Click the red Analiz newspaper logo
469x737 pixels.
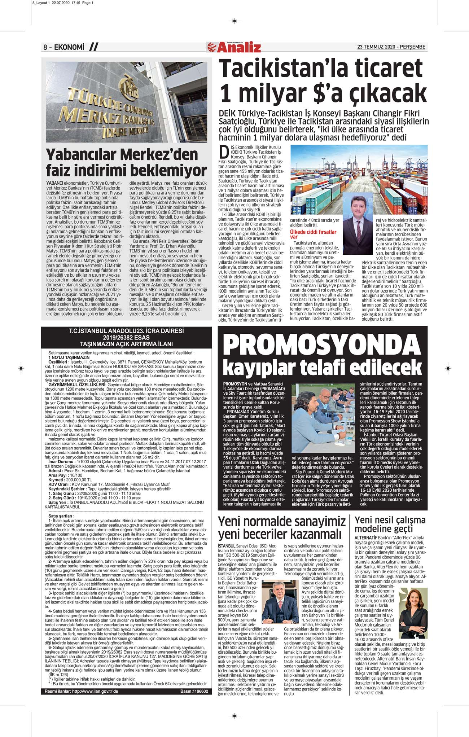[x=234, y=47]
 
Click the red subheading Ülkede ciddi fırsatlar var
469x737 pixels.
[x=313, y=234]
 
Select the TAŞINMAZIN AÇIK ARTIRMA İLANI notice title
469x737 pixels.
[x=126, y=344]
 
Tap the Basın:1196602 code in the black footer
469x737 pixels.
[x=194, y=691]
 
